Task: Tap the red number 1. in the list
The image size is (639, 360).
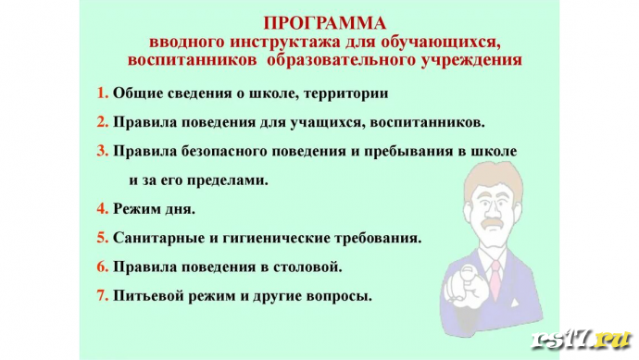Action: tap(103, 93)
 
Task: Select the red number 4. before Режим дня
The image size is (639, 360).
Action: tap(103, 208)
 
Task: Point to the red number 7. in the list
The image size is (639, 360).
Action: tap(103, 297)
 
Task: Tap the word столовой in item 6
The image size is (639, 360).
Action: tap(311, 267)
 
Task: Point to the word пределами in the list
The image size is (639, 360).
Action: tap(228, 180)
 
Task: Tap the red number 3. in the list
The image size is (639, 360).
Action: tap(103, 151)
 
